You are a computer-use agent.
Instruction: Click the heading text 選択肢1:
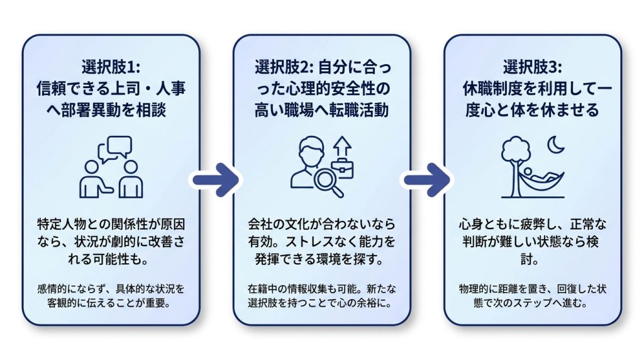111,67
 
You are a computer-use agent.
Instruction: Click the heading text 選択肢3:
533,67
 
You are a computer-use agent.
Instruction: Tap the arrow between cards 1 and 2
216,180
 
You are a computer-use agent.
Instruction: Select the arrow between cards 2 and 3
426,180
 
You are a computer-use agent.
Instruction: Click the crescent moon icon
555,145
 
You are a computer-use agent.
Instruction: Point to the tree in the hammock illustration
516,164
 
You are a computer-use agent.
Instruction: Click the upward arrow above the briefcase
342,147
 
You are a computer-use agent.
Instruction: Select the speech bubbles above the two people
115,149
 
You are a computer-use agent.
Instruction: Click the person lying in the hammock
541,176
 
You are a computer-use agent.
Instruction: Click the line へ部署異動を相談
106,110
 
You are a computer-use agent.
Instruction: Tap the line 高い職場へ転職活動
321,110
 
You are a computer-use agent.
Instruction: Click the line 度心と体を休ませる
533,110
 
